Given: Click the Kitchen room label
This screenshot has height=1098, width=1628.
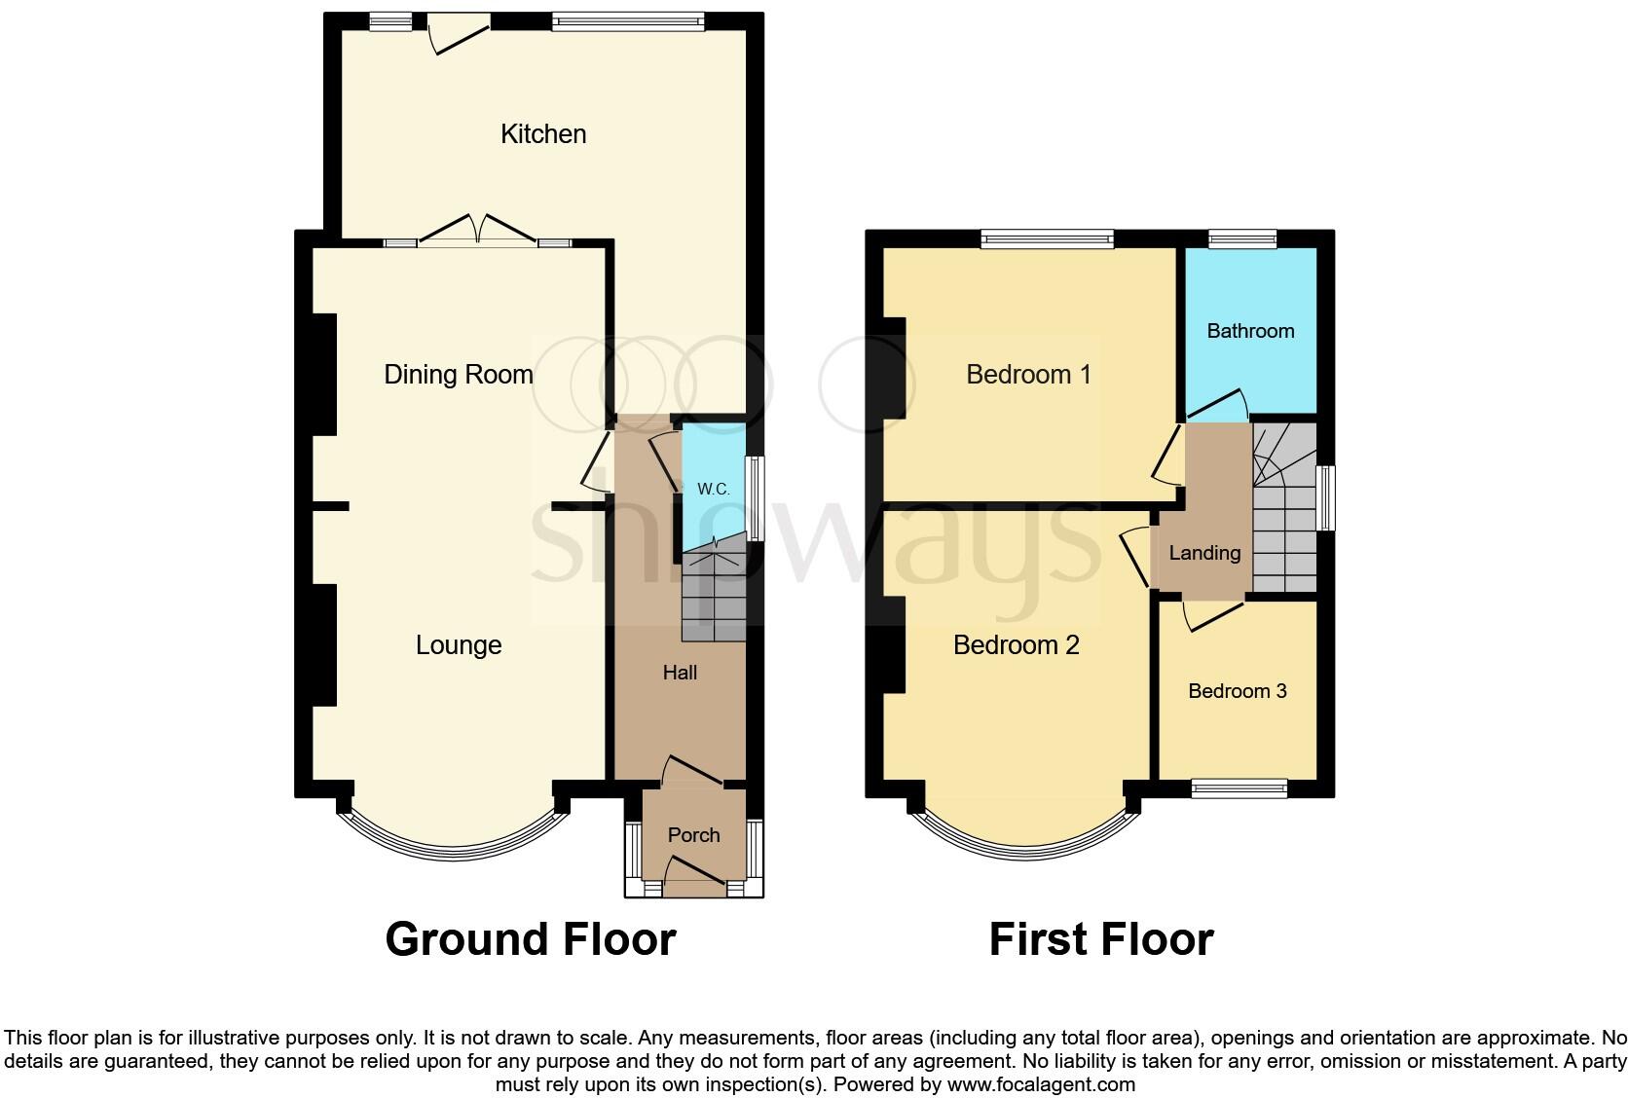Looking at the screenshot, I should point(543,134).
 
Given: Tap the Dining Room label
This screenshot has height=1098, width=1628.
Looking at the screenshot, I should point(459,375).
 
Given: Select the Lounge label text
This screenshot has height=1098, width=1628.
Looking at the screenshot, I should point(459,645).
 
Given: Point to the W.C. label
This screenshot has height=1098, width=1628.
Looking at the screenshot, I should point(714,490).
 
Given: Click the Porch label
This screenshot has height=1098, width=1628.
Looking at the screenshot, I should point(693,835).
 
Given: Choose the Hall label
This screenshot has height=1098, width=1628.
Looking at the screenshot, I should point(680,673).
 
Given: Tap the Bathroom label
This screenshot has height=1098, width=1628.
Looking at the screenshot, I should point(1250,331).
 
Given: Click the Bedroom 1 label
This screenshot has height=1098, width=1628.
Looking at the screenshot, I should point(1028,375).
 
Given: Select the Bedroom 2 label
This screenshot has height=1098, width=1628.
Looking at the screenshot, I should point(1016,645).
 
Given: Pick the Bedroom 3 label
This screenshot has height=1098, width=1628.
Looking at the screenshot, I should point(1238,691).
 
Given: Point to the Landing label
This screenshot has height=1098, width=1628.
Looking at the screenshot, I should point(1204,553).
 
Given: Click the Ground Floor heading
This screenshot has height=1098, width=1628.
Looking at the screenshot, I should point(531,939).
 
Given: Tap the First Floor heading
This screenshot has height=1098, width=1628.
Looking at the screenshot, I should point(1101,939).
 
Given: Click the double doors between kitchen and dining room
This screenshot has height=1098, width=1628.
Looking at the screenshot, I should point(477,231).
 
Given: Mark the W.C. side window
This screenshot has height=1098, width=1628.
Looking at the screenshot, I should point(755,496).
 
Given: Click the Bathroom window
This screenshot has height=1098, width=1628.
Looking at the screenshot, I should point(1242,238).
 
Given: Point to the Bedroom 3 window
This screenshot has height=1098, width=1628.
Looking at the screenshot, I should point(1239,787).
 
